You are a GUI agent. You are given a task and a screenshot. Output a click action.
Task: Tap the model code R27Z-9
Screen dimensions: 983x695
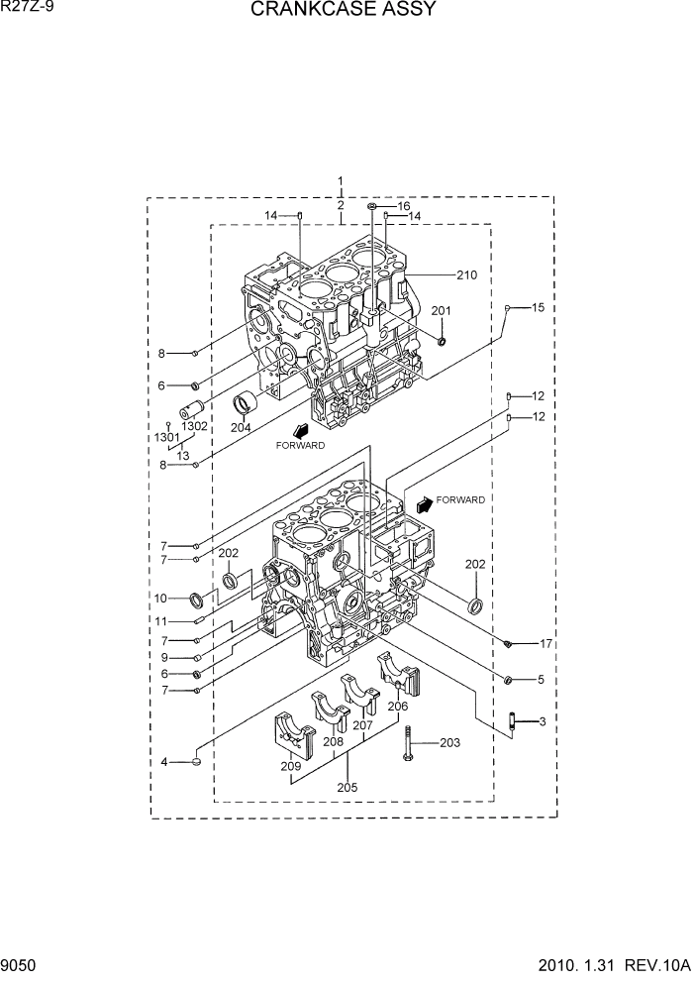[x=27, y=9]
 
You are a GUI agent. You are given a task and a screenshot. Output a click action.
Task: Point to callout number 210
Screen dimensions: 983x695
[x=466, y=274]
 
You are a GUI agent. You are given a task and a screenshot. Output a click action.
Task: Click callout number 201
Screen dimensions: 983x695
[x=441, y=311]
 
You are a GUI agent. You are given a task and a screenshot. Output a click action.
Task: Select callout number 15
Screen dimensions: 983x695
[x=538, y=308]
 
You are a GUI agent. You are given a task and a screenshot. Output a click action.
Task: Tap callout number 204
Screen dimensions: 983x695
[x=241, y=428]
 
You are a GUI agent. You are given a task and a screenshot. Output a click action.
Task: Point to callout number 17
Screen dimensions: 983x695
[x=545, y=644]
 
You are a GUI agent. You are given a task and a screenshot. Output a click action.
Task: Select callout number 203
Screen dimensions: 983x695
[x=449, y=743]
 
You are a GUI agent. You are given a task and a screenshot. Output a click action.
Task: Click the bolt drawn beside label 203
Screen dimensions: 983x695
[x=407, y=744]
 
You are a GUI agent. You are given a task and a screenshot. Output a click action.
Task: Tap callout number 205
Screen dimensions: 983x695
[x=347, y=788]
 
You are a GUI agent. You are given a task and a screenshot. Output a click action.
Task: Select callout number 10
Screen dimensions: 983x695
[x=159, y=599]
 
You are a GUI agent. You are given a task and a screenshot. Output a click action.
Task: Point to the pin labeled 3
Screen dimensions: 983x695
[x=514, y=722]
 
